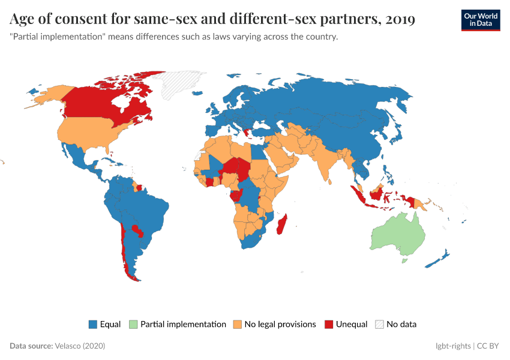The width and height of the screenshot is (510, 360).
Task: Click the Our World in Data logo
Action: pos(481,20)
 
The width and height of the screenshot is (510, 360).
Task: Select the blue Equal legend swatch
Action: pos(93,325)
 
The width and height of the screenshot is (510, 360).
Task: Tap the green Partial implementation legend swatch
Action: pos(133,325)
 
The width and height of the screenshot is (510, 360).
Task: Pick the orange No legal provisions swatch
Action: pos(236,325)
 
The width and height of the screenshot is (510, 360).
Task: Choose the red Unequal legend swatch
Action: pos(328,325)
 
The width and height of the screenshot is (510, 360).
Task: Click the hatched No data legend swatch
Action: pos(379,325)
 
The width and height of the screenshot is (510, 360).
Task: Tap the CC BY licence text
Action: pos(488,346)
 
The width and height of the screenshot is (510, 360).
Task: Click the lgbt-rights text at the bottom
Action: pos(453,346)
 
